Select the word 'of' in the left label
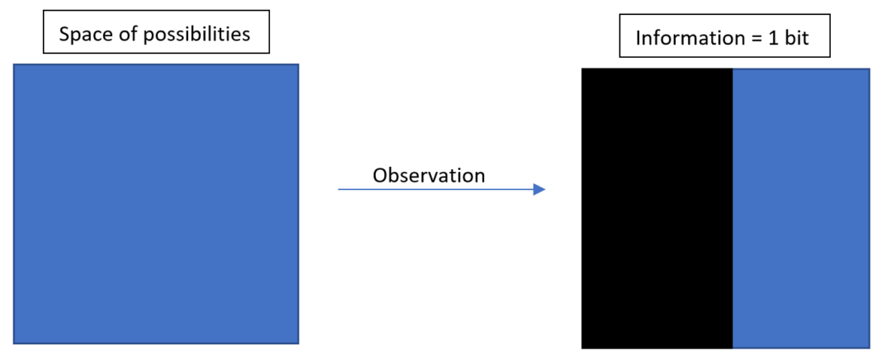[117, 34]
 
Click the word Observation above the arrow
[429, 176]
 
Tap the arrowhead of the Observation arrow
[539, 190]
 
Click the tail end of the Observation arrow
[338, 190]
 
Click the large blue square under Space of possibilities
[156, 204]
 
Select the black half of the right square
[657, 208]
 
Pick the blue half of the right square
[802, 208]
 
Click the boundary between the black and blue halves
[733, 208]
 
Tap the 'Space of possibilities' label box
[156, 31]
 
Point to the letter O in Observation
[380, 176]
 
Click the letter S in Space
[64, 35]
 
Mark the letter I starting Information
[638, 38]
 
